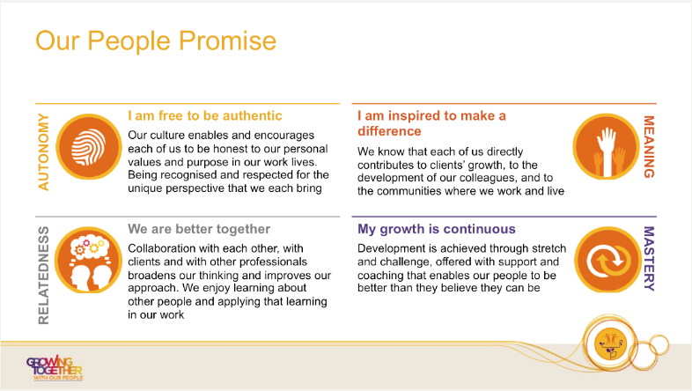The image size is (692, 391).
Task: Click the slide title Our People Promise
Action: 156,41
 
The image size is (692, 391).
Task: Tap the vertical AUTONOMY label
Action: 43,151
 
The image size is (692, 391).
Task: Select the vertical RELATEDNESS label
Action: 43,276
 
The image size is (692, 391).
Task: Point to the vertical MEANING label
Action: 648,146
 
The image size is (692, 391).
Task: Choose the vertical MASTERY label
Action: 648,259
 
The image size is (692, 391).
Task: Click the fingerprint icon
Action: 89,147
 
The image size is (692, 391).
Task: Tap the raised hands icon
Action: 607,147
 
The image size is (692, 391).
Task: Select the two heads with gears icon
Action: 89,260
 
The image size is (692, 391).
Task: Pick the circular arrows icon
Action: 607,260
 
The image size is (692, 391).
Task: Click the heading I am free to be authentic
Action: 205,115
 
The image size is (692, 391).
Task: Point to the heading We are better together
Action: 199,229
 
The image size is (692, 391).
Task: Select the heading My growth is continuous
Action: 437,229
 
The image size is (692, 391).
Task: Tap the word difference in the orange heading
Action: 389,131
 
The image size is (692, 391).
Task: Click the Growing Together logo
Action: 55,368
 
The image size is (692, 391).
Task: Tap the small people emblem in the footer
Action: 611,343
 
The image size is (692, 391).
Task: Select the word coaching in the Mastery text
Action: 379,276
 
